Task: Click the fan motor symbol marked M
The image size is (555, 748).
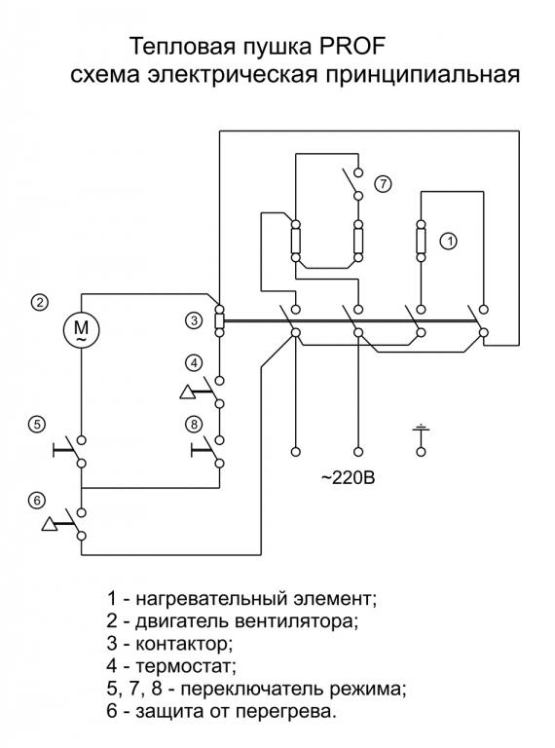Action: tap(82, 329)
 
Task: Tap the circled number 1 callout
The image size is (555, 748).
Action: tap(449, 242)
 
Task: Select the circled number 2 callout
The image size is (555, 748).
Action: tap(40, 303)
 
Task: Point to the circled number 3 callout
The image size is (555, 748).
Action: tap(194, 320)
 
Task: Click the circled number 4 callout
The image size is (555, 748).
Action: tap(194, 363)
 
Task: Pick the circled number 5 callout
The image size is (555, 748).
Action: tap(37, 424)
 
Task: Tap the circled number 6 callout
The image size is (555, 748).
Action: tap(37, 501)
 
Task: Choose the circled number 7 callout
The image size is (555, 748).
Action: tap(383, 184)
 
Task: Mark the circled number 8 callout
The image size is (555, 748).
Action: tap(194, 424)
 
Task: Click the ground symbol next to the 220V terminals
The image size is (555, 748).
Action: tap(421, 429)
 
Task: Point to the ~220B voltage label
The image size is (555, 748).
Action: tap(348, 477)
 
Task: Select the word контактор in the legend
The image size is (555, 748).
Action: tap(185, 644)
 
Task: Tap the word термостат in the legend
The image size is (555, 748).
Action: tap(186, 666)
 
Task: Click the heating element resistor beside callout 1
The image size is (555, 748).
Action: tap(421, 241)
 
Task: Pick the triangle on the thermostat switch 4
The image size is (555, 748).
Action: tap(187, 393)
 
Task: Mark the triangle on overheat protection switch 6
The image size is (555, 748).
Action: tap(49, 524)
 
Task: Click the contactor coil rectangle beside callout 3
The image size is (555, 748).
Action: tap(219, 321)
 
